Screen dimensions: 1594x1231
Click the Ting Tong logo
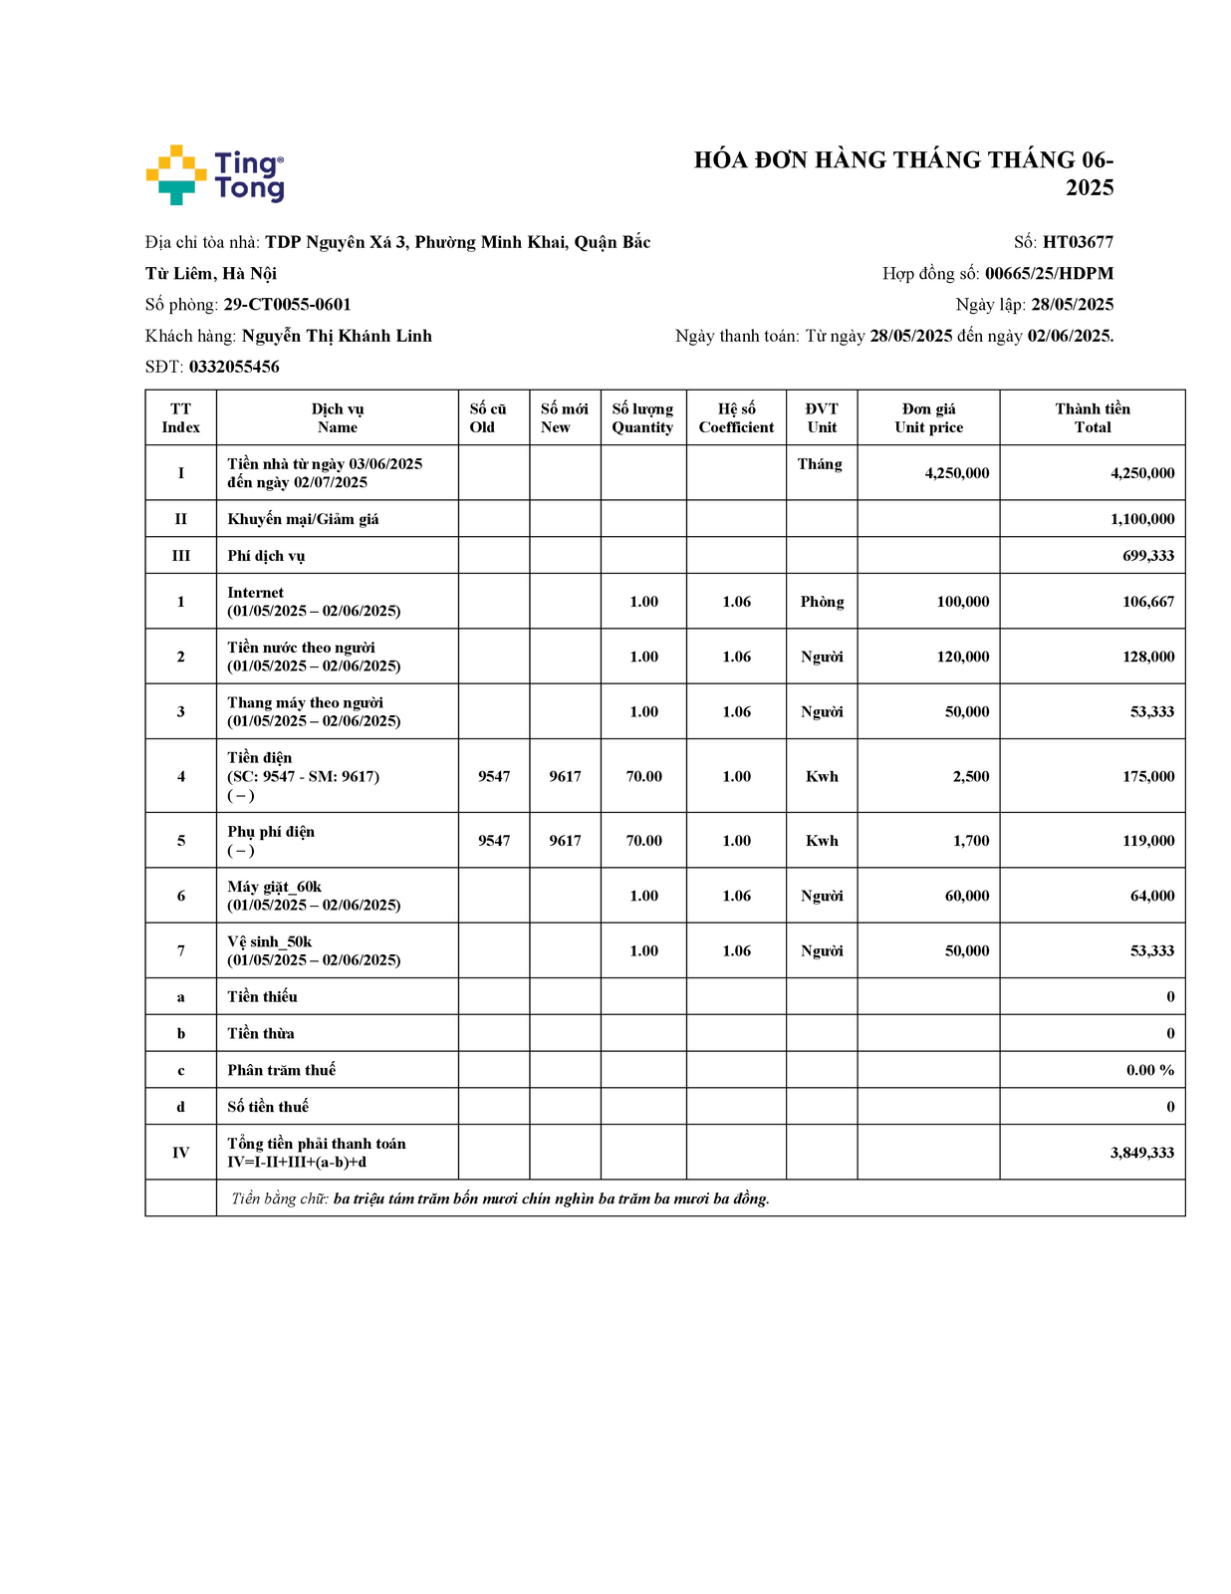215,175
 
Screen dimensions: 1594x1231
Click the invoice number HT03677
1078,242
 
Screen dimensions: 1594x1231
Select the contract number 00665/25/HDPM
1049,274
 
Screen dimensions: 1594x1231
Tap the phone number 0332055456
234,367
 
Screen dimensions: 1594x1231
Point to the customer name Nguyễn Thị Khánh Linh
337,336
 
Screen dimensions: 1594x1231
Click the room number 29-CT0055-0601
287,305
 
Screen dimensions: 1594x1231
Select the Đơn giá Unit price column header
928,418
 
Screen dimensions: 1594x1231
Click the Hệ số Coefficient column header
736,418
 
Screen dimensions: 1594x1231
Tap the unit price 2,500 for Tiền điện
970,776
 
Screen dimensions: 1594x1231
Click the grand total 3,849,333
1141,1153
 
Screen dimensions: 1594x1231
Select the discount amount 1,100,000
1141,519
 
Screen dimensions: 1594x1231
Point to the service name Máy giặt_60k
274,887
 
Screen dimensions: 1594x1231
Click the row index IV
180,1153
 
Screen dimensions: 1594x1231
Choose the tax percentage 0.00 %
1149,1070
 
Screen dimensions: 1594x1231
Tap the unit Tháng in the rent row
820,464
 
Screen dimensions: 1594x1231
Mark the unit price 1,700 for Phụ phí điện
970,841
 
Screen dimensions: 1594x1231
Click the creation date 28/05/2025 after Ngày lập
1072,305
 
